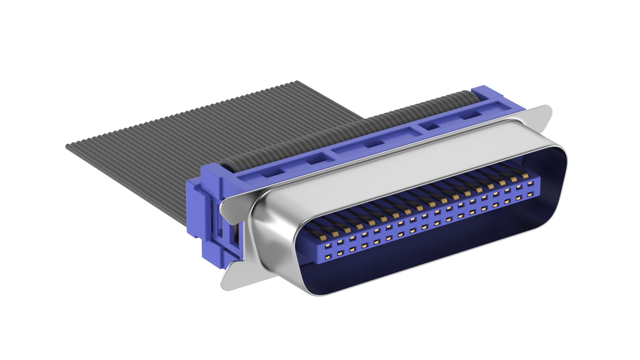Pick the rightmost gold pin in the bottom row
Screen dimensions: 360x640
pyautogui.click(x=529, y=194)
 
